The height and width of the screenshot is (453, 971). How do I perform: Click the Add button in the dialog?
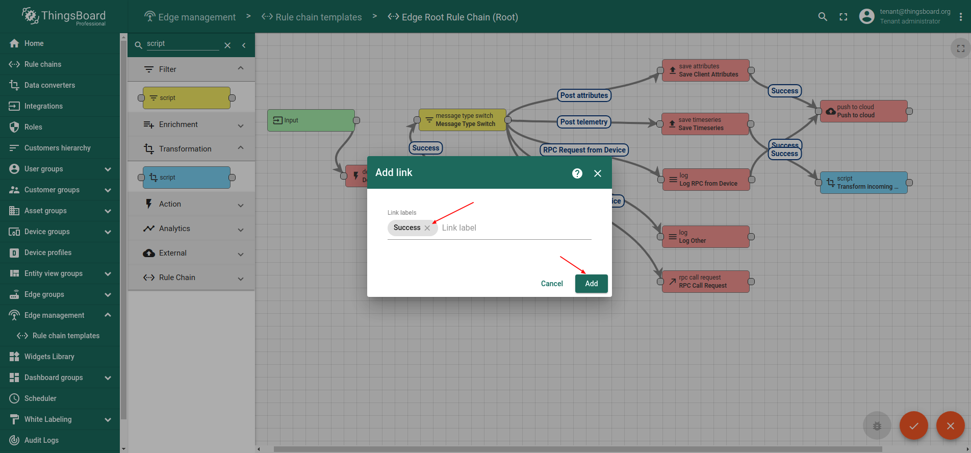[591, 284]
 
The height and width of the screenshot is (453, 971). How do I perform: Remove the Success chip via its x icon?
[427, 228]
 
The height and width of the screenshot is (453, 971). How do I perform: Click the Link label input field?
[515, 228]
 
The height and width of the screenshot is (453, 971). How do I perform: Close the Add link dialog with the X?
[598, 173]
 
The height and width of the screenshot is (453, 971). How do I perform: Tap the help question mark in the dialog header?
[577, 173]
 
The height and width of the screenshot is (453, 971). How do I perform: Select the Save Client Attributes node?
[705, 70]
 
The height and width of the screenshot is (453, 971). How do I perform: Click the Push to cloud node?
[864, 111]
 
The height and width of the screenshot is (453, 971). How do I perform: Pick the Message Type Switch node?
[462, 120]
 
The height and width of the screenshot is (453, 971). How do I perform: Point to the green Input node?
[311, 120]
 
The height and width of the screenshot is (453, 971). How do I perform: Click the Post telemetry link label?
[584, 122]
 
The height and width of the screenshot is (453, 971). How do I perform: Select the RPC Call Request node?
[706, 282]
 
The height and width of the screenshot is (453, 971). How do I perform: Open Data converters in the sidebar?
[49, 85]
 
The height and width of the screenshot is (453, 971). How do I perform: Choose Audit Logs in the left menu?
[41, 440]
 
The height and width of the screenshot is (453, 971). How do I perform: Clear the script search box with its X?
[227, 45]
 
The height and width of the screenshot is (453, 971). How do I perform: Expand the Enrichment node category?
[191, 124]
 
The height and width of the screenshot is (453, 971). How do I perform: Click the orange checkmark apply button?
[914, 425]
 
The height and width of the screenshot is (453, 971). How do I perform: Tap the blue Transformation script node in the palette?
[187, 178]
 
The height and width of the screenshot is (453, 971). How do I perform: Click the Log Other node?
[706, 237]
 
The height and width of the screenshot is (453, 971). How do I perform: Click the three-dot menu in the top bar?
[961, 17]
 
